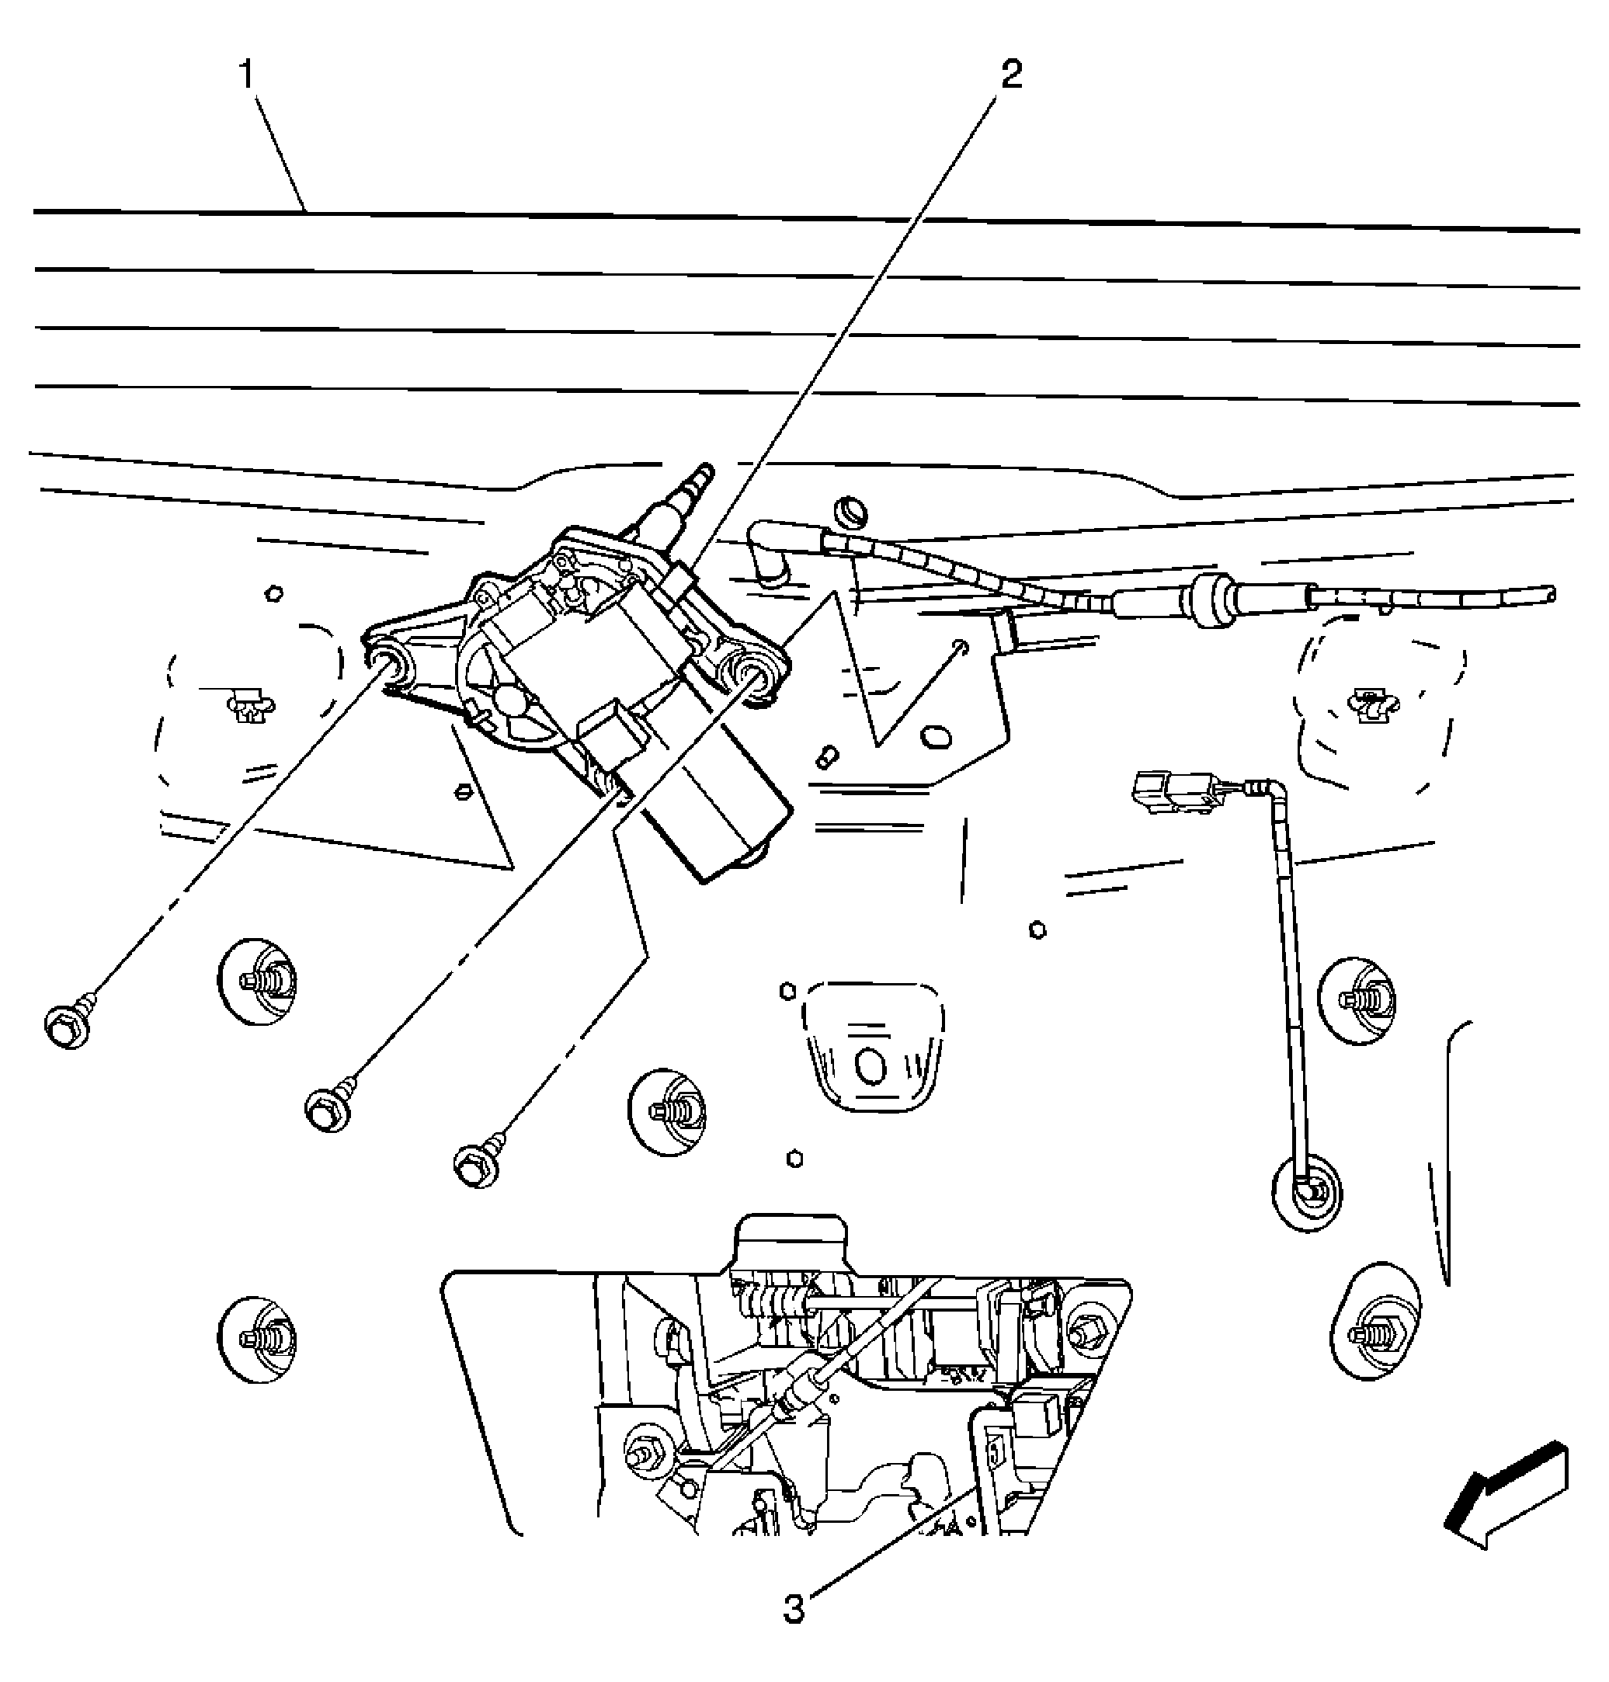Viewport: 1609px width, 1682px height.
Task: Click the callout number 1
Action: [x=247, y=75]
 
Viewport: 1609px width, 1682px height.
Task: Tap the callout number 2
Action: [x=1012, y=75]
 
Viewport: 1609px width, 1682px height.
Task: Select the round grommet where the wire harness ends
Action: [x=1307, y=1193]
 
